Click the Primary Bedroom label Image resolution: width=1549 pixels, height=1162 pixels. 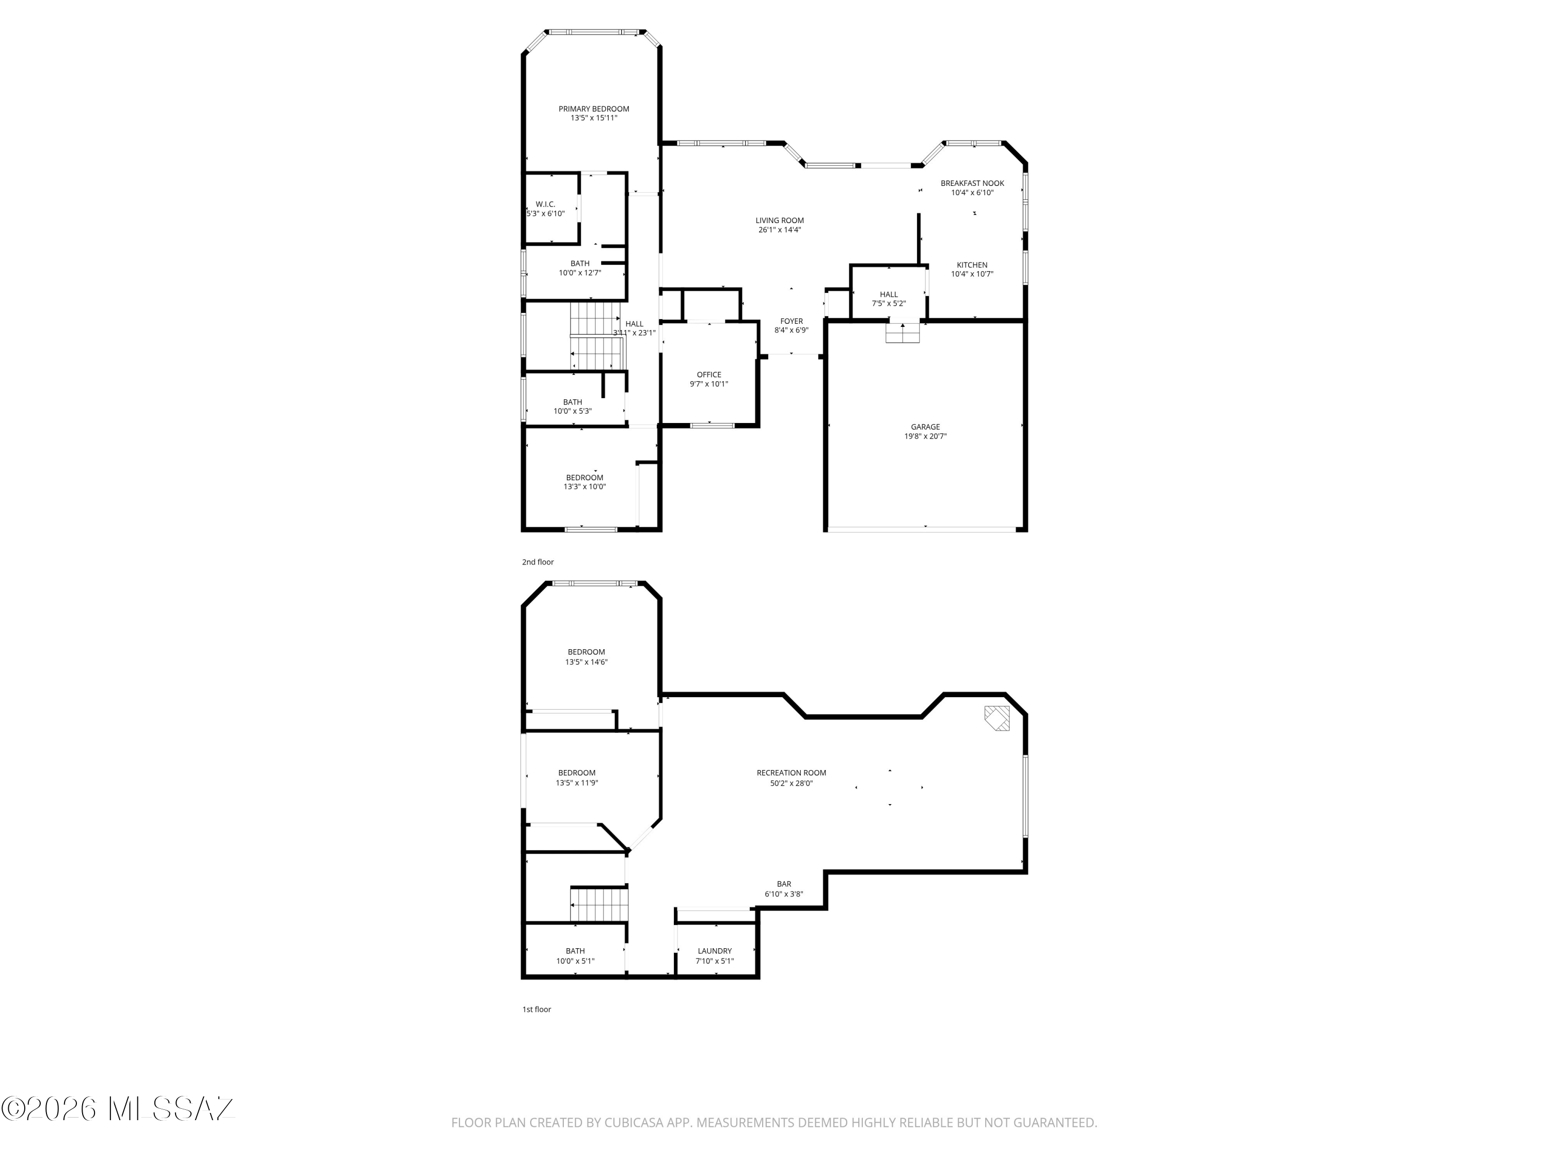click(593, 108)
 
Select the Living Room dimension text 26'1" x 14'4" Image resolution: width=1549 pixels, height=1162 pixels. click(779, 230)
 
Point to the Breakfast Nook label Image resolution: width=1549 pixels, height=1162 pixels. click(972, 183)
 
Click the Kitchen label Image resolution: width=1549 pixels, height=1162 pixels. click(972, 265)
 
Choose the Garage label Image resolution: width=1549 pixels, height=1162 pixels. click(925, 427)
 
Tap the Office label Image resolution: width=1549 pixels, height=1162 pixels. click(709, 375)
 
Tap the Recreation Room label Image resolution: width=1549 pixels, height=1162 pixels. click(792, 773)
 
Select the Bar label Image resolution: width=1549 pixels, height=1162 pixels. click(784, 884)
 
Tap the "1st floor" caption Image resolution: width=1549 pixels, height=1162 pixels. click(536, 1009)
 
